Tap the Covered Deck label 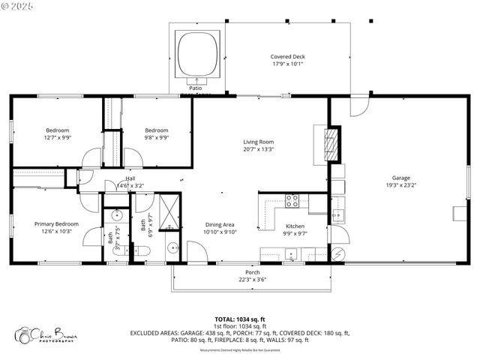coord(288,56)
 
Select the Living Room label coord(258,141)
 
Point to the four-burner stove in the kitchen coord(292,200)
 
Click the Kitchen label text coord(295,226)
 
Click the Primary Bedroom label coord(56,223)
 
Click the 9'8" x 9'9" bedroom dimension coord(157,138)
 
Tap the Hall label coord(130,178)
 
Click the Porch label coord(253,271)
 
